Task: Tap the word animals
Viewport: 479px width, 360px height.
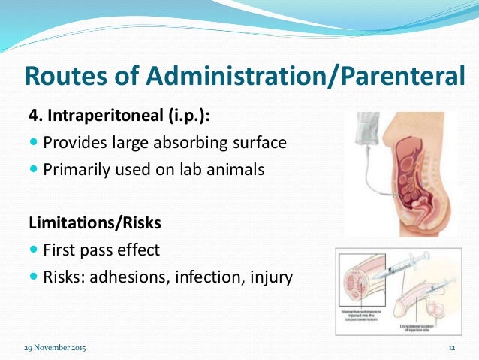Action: [x=235, y=170]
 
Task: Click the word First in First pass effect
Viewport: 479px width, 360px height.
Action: [x=60, y=249]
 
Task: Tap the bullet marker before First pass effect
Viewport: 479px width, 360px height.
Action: [x=33, y=250]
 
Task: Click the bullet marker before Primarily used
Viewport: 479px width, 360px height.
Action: [x=33, y=170]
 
